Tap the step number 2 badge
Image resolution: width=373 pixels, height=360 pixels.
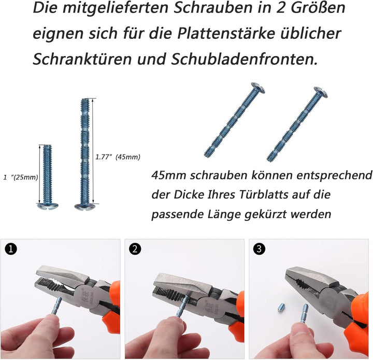136,250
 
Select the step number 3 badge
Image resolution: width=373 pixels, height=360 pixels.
260,250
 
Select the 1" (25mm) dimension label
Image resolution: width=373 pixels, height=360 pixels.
21,177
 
